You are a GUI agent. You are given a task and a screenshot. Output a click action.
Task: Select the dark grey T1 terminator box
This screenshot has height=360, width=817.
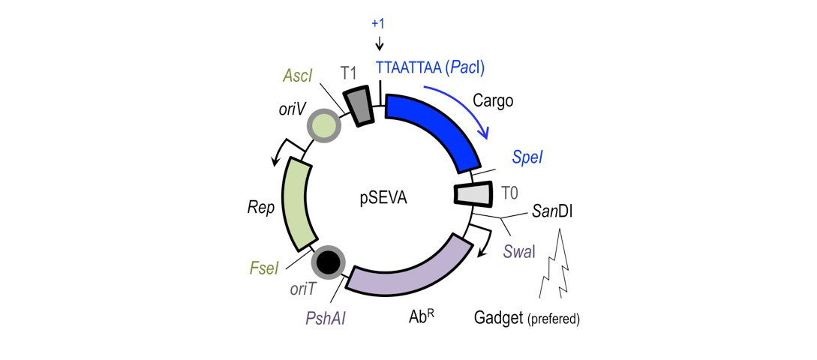tap(358, 104)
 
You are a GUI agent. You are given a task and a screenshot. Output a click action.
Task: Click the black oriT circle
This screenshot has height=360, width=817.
tap(328, 262)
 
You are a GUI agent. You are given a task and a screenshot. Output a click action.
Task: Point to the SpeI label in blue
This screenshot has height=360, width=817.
tap(527, 157)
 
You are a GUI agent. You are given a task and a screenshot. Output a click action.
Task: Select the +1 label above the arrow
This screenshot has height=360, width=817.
tap(378, 24)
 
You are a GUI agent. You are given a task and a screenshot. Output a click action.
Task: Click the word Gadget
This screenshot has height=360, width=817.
tap(498, 318)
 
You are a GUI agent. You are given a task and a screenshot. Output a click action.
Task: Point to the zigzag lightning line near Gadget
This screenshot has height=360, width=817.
tap(557, 266)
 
